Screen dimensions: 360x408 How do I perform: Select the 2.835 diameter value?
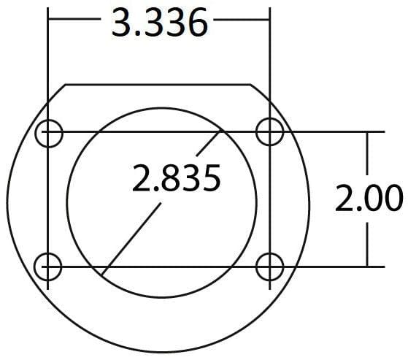[176, 178]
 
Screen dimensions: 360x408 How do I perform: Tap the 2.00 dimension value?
[369, 199]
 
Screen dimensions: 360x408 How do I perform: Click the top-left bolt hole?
[50, 132]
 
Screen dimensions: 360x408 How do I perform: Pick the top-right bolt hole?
[270, 131]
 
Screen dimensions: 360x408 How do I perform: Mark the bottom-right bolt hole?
[270, 266]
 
